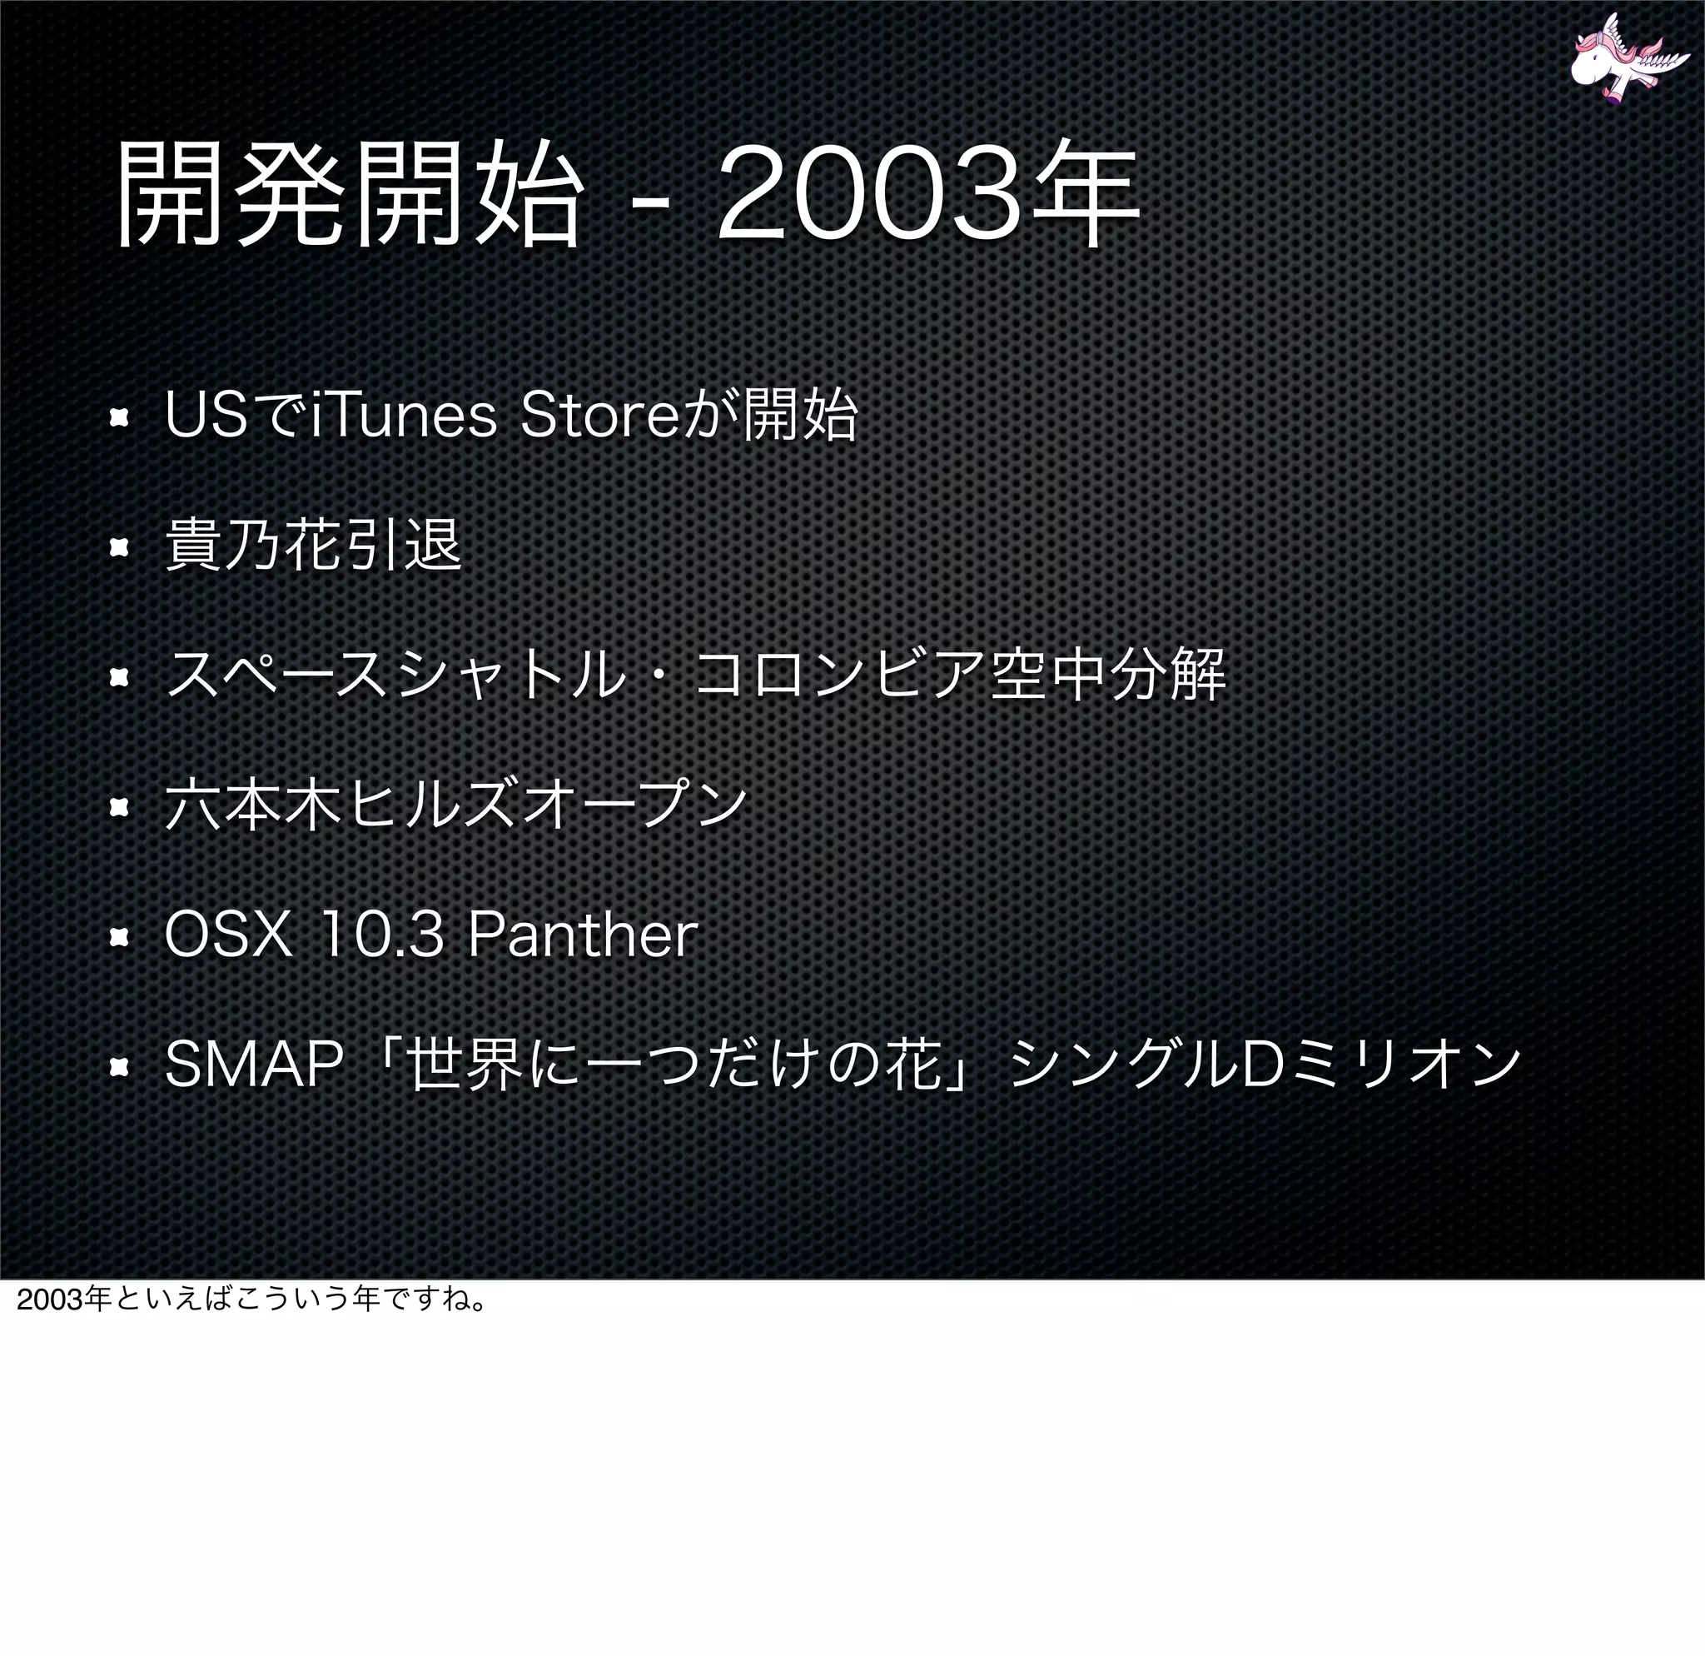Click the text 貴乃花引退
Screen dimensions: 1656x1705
tap(313, 546)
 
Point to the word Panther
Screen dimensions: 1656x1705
tap(583, 936)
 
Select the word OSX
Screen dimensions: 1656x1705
tap(228, 936)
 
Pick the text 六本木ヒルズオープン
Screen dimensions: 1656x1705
tap(456, 806)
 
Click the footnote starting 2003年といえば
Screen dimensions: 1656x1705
tap(253, 1300)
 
